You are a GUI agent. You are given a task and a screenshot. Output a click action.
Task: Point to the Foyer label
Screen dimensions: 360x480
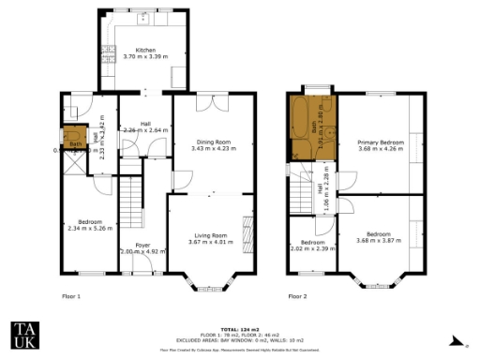[x=142, y=246]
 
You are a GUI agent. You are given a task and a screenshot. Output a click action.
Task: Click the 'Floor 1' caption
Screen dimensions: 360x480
[x=72, y=295]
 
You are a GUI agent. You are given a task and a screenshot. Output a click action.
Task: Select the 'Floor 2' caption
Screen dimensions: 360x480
[x=297, y=295]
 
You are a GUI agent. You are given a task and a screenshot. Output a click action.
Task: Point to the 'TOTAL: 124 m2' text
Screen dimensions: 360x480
[x=239, y=329]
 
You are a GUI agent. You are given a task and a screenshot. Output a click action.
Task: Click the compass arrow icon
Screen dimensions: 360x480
[x=453, y=340]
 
